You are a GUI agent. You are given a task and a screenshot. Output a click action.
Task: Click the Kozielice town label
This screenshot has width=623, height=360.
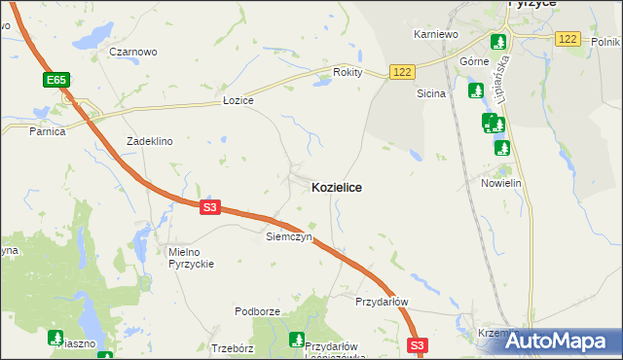pos(336,187)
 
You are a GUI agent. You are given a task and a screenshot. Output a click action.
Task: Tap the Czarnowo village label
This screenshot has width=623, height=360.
pos(133,52)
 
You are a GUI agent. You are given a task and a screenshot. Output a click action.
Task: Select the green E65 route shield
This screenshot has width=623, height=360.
pos(55,79)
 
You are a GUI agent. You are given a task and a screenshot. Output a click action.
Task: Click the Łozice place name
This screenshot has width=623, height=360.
pos(238,101)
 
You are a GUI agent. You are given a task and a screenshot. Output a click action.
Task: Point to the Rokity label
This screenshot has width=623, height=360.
pos(348,72)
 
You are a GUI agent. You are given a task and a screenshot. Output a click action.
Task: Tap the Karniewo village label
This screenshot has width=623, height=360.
pos(435,34)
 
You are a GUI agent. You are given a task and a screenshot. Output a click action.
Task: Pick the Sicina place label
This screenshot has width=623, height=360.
pos(430,94)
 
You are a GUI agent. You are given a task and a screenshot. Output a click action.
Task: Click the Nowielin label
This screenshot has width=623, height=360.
pos(502,183)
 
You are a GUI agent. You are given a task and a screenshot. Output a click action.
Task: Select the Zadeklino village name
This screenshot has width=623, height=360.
pos(149,141)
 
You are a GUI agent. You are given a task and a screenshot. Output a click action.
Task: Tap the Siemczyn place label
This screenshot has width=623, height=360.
pos(288,236)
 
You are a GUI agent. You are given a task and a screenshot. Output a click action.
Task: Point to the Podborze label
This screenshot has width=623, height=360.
pos(257,311)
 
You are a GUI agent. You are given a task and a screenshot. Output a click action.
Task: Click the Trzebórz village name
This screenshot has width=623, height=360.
pos(233,347)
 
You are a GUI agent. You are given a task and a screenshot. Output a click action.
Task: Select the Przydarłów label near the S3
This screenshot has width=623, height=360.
pos(382,302)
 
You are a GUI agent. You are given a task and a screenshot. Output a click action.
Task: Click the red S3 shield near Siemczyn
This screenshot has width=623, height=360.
pos(211,207)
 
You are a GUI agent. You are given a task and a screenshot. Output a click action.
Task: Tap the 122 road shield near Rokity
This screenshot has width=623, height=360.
pos(402,72)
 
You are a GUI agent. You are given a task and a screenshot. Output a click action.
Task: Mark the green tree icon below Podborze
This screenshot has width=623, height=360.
pos(296,340)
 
